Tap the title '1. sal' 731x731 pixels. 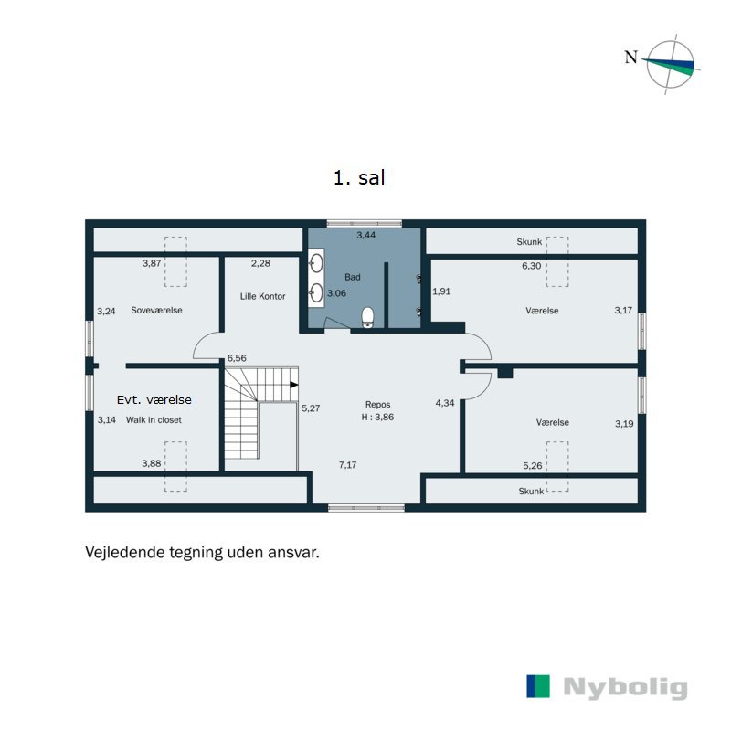pos(359,178)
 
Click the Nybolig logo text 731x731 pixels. pos(625,687)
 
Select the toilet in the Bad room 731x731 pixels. pos(368,316)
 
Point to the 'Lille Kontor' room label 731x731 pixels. pos(263,296)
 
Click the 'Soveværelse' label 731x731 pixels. pos(156,310)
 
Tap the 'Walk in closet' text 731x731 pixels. pos(154,420)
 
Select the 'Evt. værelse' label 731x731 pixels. pos(154,400)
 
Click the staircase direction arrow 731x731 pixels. pos(294,385)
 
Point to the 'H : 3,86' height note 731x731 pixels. pos(377,417)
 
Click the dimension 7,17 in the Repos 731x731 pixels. pos(348,465)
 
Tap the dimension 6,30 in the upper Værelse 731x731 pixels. pos(531,265)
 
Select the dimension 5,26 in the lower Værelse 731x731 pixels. pos(532,466)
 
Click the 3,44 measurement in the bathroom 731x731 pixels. pos(365,236)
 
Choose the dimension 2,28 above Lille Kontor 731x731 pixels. pos(260,263)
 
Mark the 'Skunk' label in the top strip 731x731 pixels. pos(530,242)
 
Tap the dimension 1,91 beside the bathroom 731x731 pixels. pos(441,291)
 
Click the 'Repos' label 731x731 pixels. pos(377,404)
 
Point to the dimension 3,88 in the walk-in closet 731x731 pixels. pos(152,464)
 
